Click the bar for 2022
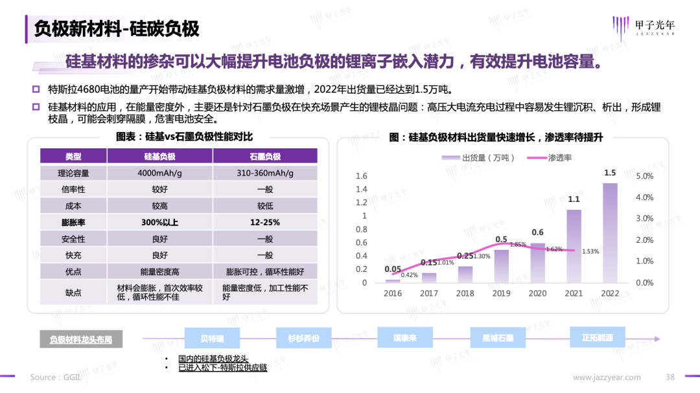point(610,232)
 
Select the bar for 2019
point(501,266)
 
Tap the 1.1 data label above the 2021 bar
point(574,199)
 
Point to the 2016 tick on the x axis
point(392,293)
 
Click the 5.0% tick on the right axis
point(645,176)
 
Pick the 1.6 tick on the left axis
point(362,176)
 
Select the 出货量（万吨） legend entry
point(479,157)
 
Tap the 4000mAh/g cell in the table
point(159,173)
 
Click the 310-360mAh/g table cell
point(265,173)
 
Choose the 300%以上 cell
point(159,223)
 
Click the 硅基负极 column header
point(159,156)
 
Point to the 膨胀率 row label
point(73,223)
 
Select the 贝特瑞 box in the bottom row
point(212,338)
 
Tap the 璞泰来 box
point(404,338)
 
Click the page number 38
point(671,377)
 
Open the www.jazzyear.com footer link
point(607,377)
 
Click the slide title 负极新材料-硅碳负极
point(117,29)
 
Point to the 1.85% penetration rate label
point(518,245)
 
